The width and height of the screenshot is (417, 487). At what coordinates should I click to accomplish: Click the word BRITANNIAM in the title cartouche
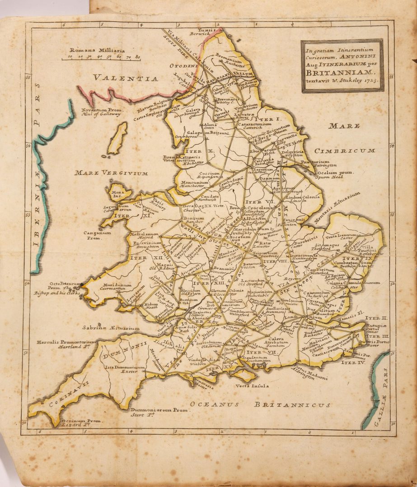(334, 73)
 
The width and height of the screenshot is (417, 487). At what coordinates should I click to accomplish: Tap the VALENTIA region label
(126, 78)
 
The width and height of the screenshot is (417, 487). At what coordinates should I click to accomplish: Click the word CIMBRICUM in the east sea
(345, 151)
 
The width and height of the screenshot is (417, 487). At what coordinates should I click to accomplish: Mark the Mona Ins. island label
(117, 195)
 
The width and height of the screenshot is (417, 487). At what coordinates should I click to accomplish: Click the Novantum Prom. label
(101, 112)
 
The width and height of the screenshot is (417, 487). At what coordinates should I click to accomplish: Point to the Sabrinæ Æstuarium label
(111, 328)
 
